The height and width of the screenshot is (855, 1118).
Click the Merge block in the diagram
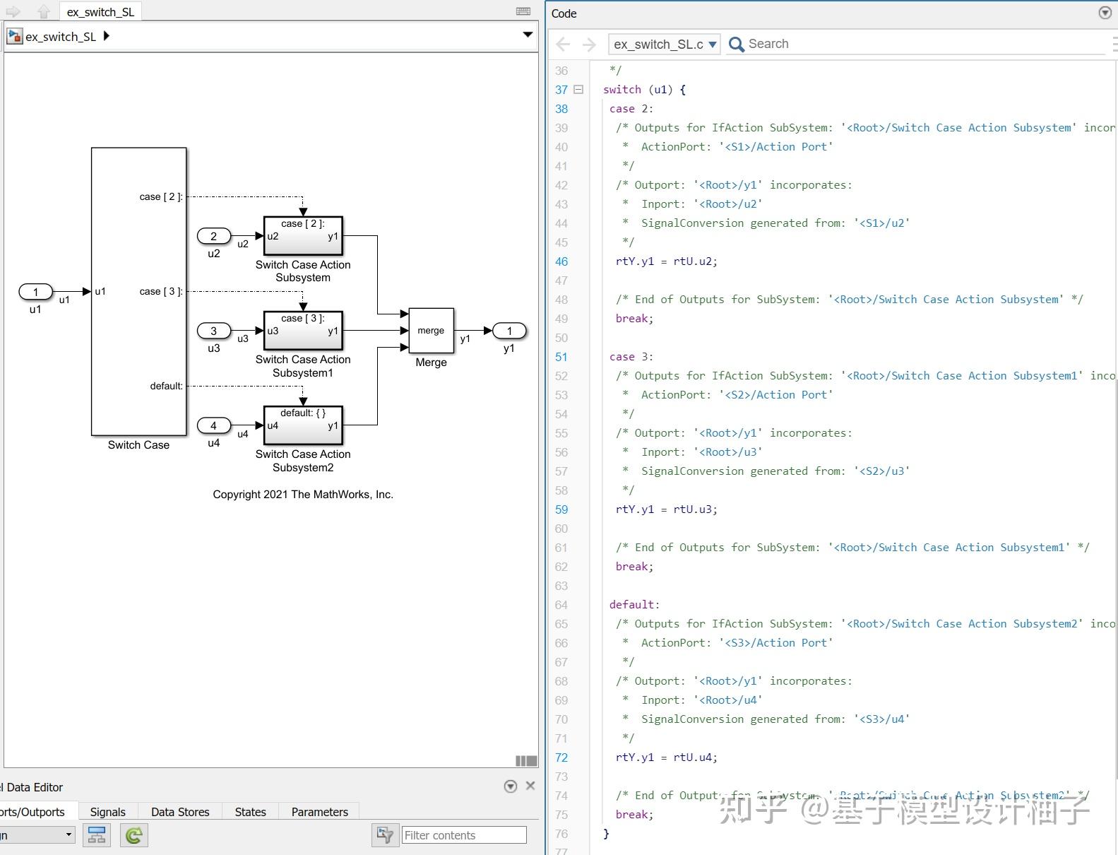point(431,331)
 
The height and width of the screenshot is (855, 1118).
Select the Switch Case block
point(138,291)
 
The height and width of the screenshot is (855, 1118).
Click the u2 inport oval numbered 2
point(214,236)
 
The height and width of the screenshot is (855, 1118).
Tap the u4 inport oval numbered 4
point(214,425)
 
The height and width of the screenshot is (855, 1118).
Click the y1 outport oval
point(509,331)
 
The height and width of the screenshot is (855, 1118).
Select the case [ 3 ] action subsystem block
point(303,331)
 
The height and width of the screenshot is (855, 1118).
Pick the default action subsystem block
point(303,425)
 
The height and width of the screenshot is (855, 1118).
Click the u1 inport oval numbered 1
point(35,291)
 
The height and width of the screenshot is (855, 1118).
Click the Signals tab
point(107,812)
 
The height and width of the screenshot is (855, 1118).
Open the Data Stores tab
point(180,812)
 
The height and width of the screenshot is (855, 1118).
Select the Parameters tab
point(319,812)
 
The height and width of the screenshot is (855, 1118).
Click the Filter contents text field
point(464,835)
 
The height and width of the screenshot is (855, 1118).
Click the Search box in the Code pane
point(918,44)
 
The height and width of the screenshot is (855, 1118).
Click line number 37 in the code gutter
point(561,90)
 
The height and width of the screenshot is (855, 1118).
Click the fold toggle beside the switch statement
point(578,90)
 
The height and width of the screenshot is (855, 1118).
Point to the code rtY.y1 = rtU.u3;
point(666,509)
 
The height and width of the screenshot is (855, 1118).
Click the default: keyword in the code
point(634,605)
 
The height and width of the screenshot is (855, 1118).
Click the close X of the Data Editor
point(530,786)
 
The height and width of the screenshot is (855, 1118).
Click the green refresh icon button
point(133,835)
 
